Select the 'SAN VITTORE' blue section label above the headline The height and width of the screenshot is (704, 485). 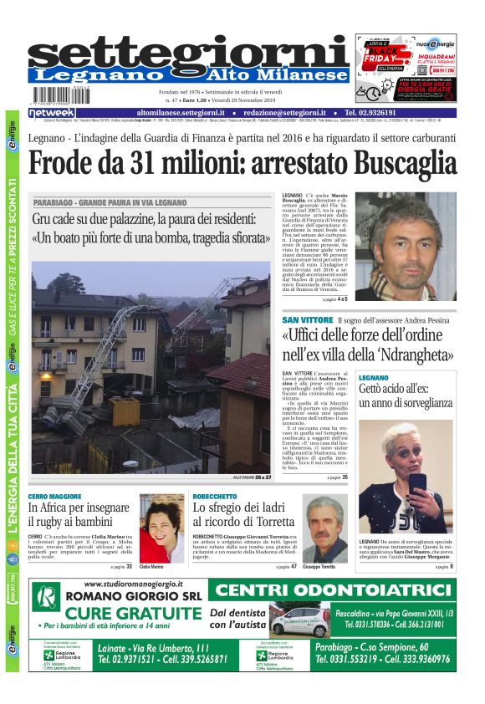coord(307,320)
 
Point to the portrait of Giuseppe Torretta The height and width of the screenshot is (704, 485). coord(325,528)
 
